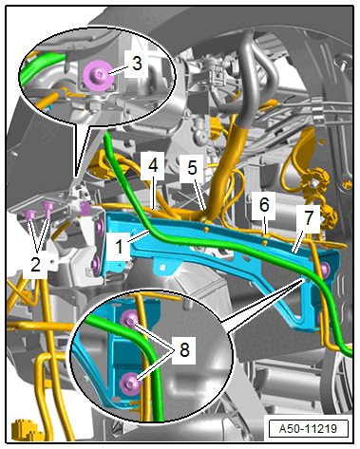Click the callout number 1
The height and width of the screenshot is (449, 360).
[119, 247]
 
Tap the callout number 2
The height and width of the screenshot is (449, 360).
[35, 264]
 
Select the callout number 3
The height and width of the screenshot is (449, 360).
[137, 64]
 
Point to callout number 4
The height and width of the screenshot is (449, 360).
[153, 165]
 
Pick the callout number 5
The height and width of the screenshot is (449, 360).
[192, 167]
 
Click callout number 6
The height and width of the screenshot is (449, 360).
[264, 205]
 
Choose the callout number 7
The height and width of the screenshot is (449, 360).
[308, 218]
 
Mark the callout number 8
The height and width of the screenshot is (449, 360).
[184, 349]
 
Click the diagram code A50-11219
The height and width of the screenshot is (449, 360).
[308, 429]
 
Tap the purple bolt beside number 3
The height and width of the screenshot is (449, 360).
[98, 75]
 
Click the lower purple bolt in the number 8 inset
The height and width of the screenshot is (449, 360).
[130, 383]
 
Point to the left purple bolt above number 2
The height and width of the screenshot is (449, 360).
[29, 215]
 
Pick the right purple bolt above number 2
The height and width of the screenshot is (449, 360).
[48, 207]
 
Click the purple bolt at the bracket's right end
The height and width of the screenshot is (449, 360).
[325, 270]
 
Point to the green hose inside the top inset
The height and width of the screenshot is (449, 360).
[41, 68]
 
